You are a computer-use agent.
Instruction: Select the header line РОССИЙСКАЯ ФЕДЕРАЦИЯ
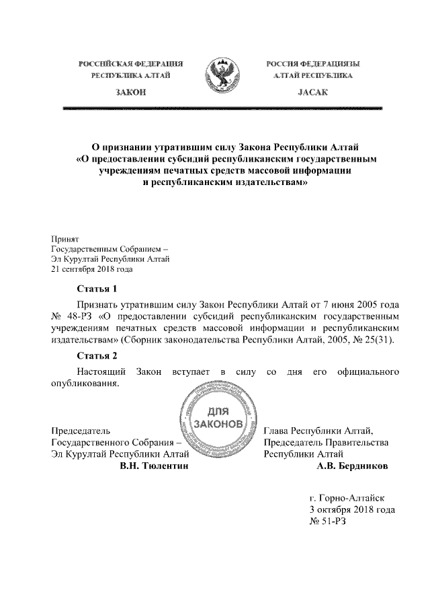[131, 63]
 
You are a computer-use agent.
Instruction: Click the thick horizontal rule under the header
[222, 108]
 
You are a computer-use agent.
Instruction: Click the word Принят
[65, 238]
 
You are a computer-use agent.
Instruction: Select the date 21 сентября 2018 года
[92, 270]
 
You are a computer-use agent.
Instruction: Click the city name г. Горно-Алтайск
[347, 498]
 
